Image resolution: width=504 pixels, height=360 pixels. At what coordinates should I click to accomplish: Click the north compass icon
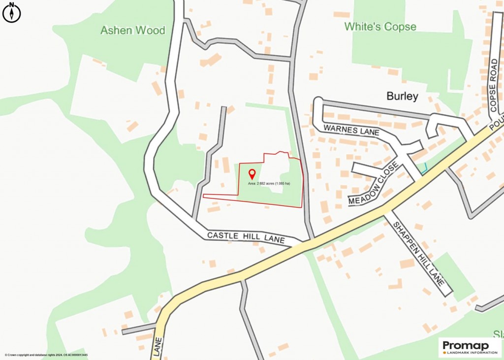click(x=11, y=12)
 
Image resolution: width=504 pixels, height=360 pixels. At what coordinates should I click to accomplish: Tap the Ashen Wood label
click(x=132, y=31)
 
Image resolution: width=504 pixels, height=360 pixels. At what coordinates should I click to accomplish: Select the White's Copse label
click(x=380, y=27)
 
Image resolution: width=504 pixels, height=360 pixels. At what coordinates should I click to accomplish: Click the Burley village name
click(x=402, y=96)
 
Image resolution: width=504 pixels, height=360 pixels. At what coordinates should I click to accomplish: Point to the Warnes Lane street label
click(x=351, y=130)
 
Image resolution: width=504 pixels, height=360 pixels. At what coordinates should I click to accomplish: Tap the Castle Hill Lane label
click(x=246, y=237)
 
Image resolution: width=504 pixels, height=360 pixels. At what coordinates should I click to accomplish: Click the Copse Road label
click(x=494, y=85)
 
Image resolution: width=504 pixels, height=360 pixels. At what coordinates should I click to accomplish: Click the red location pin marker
click(x=252, y=174)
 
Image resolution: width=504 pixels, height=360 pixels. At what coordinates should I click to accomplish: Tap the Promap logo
click(x=470, y=345)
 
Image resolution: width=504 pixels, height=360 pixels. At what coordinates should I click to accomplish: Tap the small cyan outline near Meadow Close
click(x=423, y=167)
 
